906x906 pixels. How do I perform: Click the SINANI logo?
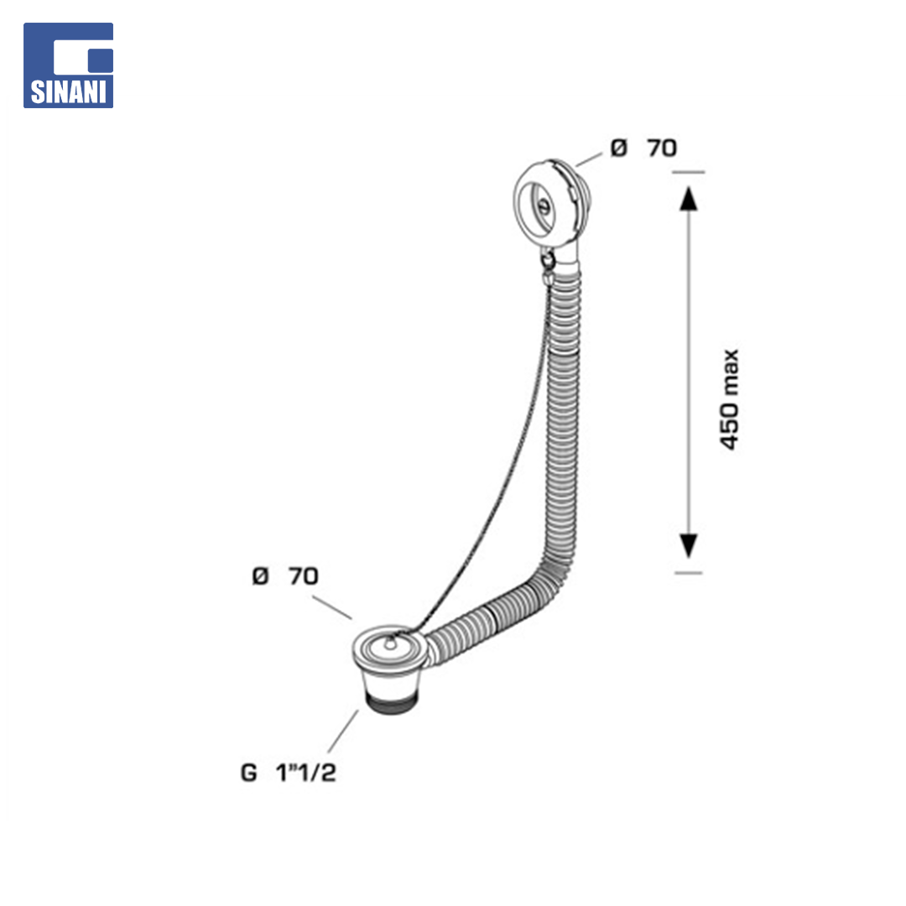click(68, 65)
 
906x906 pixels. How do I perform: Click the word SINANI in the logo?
click(68, 92)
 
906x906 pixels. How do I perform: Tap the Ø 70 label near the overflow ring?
click(643, 148)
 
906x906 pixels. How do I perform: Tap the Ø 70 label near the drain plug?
click(285, 576)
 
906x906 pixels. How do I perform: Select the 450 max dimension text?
click(730, 399)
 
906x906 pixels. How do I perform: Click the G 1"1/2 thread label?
click(289, 772)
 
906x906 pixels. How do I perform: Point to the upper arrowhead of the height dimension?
click(688, 198)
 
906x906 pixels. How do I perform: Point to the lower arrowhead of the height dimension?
click(688, 546)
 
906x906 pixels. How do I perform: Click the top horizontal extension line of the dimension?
click(688, 172)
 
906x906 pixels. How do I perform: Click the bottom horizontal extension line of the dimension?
click(688, 573)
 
